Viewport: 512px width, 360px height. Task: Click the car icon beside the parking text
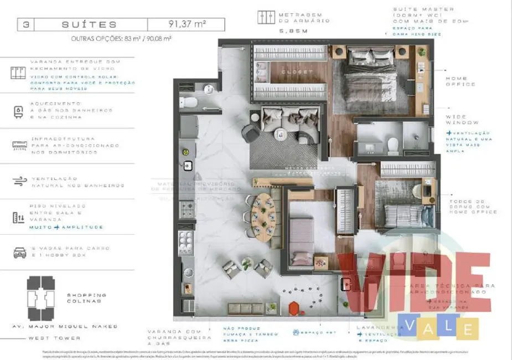tap(20, 253)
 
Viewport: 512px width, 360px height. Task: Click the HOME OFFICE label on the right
tap(461, 81)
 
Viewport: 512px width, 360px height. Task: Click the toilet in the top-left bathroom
tap(188, 102)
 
